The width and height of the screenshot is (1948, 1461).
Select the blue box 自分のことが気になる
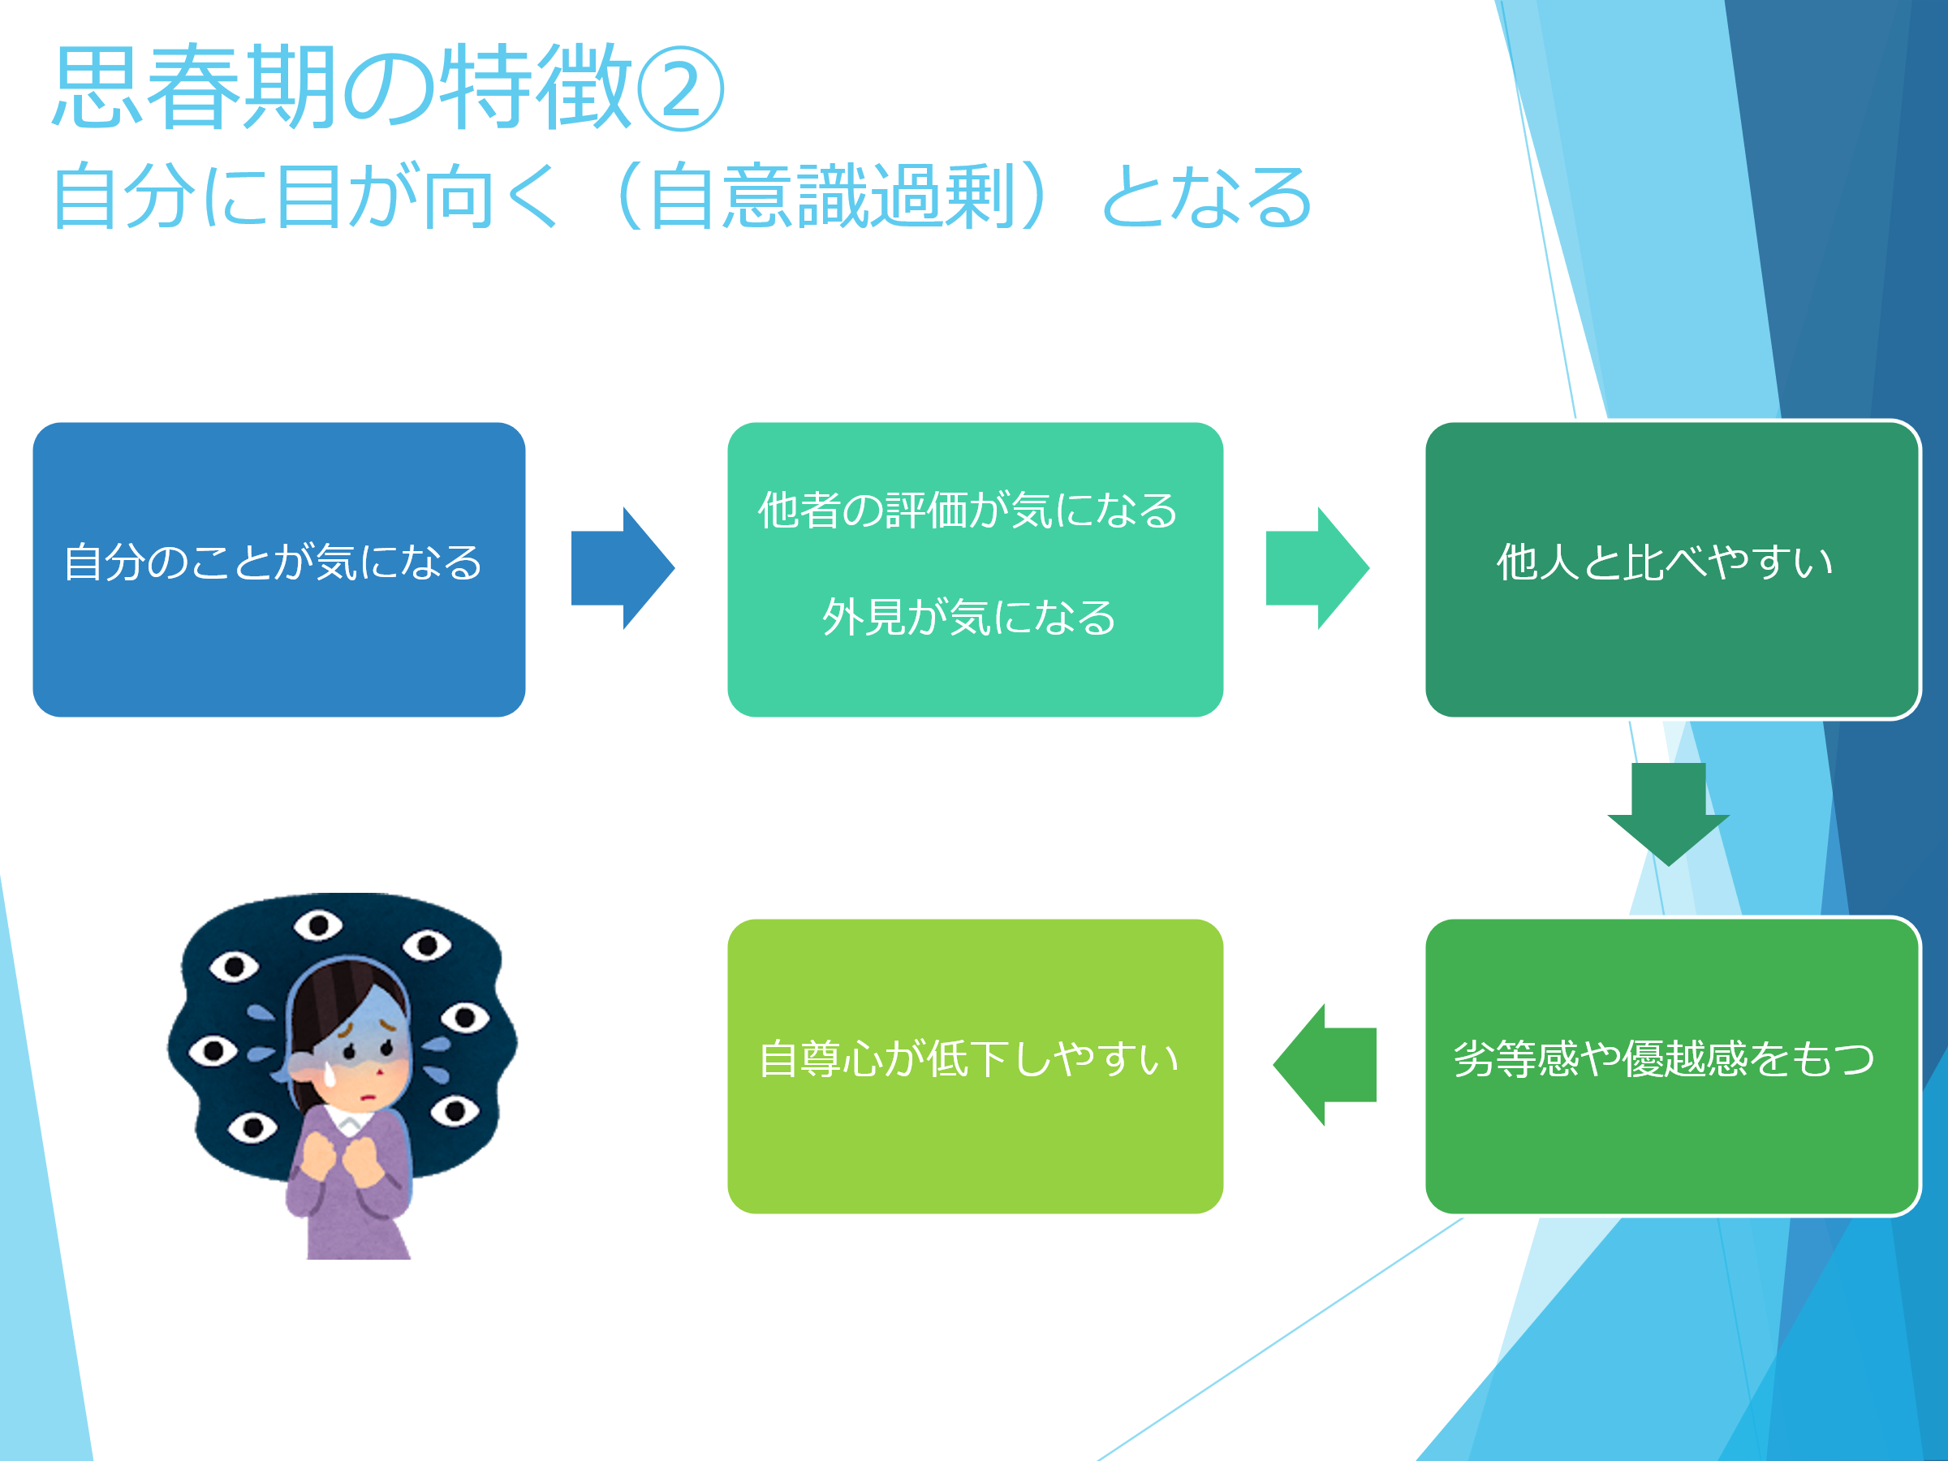pos(279,569)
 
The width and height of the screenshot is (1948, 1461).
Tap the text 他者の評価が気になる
pos(968,510)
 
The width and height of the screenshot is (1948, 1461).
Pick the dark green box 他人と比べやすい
pos(1672,569)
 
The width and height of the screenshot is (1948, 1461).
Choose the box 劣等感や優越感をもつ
pos(1672,1067)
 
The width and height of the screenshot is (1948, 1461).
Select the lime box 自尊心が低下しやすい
pos(975,1067)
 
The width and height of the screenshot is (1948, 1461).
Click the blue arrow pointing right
pos(623,568)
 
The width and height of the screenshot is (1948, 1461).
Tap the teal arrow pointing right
pos(1317,568)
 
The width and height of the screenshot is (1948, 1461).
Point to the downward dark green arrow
pos(1668,815)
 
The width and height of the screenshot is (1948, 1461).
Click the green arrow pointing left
pos(1325,1065)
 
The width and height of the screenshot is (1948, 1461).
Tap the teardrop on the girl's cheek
pos(330,1074)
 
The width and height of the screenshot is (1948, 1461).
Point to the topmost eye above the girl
pos(318,925)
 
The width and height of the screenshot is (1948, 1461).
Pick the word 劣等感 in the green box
pos(1516,1058)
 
